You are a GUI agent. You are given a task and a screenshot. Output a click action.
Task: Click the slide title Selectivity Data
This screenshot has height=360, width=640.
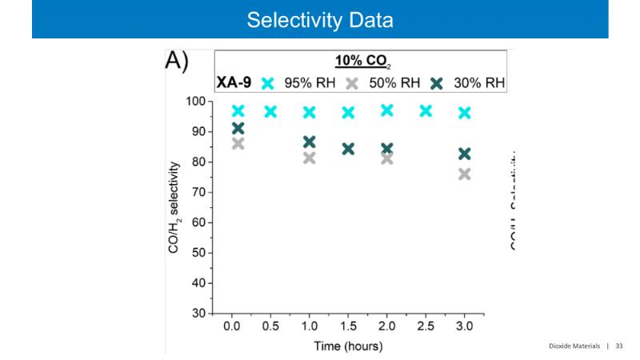pyautogui.click(x=320, y=19)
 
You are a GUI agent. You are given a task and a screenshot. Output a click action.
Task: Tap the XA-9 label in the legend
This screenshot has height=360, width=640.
pyautogui.click(x=234, y=83)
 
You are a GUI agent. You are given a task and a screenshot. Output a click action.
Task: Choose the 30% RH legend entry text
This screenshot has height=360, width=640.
pyautogui.click(x=479, y=83)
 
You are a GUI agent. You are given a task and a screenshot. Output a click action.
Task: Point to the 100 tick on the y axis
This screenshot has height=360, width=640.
pyautogui.click(x=194, y=102)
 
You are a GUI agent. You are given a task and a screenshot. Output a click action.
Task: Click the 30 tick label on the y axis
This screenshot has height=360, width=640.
pyautogui.click(x=198, y=314)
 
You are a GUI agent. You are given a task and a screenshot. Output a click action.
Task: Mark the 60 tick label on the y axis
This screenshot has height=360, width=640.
pyautogui.click(x=198, y=222)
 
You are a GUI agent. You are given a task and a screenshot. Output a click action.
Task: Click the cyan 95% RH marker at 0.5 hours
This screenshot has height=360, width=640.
pyautogui.click(x=270, y=111)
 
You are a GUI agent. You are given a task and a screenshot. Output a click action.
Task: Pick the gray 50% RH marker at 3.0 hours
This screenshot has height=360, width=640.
pyautogui.click(x=464, y=174)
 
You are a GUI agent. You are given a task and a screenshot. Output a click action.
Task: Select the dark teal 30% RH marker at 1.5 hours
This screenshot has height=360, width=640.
pyautogui.click(x=348, y=148)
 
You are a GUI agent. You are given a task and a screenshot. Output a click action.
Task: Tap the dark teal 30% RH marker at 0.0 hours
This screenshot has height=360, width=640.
pyautogui.click(x=238, y=128)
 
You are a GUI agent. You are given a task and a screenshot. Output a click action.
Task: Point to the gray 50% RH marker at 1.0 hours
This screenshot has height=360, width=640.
pyautogui.click(x=309, y=158)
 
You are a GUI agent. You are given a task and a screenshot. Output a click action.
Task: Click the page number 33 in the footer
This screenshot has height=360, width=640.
pyautogui.click(x=618, y=346)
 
